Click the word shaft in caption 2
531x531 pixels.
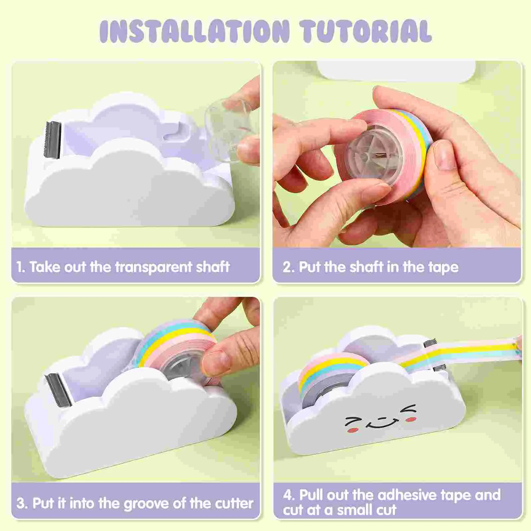pyautogui.click(x=367, y=267)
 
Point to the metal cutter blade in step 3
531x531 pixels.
pyautogui.click(x=58, y=388)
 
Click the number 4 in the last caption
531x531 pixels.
pyautogui.click(x=287, y=495)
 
